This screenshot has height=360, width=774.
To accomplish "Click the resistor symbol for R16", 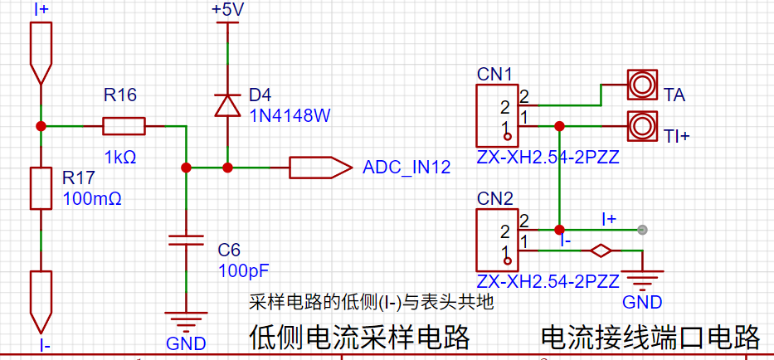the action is coord(124,126).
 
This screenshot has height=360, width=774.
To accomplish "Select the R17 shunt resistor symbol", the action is coord(41,188).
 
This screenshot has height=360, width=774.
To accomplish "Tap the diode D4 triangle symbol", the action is coord(227,105).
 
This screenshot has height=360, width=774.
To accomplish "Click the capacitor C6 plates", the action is coord(186,241).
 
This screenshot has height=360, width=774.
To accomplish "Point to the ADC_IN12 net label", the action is coord(406,168).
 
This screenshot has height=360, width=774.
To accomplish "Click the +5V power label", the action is coord(227,10).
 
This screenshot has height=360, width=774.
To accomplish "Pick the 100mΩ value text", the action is coord(92,198).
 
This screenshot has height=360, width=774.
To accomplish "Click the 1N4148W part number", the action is coord(290,115).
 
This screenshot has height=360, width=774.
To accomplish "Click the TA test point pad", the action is coord(642,85).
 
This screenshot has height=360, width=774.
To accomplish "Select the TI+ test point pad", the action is coord(642,125).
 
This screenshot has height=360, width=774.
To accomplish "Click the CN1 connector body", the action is coord(496,115).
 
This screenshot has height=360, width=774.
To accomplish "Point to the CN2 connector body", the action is coord(496,240).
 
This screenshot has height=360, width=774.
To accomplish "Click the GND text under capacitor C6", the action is coord(186,343).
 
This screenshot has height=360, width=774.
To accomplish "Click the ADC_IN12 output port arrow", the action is coord(321,168).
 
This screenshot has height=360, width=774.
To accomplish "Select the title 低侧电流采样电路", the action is coord(360,338).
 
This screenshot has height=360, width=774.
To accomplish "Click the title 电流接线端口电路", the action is coord(650,338).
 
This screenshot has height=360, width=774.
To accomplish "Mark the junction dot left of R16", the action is coord(41,126).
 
